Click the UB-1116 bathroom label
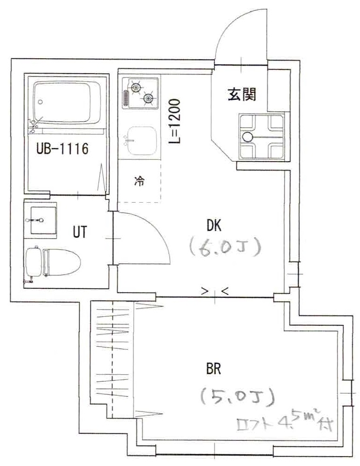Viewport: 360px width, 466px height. click(62, 150)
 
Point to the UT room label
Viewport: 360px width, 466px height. click(79, 232)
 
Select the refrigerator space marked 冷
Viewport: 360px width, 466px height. click(139, 181)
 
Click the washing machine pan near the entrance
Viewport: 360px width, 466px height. click(261, 136)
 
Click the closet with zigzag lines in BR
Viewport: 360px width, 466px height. click(114, 359)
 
